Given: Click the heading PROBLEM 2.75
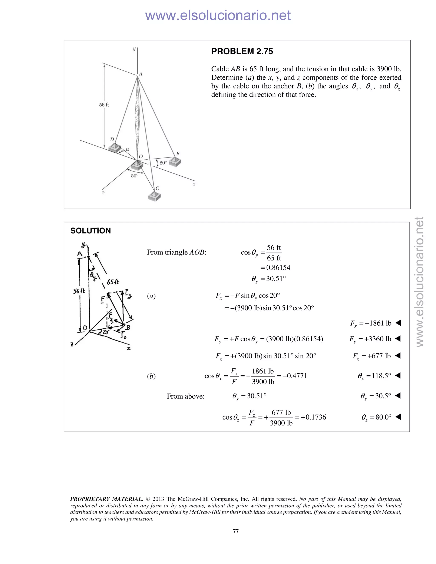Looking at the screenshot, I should tap(242, 51).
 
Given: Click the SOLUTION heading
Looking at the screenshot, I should tap(90, 231).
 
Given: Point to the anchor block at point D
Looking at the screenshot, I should tap(114, 148).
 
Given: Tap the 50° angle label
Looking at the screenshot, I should tap(135, 176).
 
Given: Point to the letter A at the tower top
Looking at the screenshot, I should tap(141, 74).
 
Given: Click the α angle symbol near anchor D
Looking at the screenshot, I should tap(128, 149).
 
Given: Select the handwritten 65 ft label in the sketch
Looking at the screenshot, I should tap(113, 282).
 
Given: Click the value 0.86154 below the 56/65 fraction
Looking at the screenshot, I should tap(278, 268).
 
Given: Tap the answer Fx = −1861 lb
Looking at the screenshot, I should tap(371, 323).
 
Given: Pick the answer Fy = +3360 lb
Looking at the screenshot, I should tap(370, 339).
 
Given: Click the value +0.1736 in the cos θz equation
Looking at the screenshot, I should tap(313, 417).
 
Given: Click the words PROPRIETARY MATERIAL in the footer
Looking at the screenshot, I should tap(106, 499).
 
